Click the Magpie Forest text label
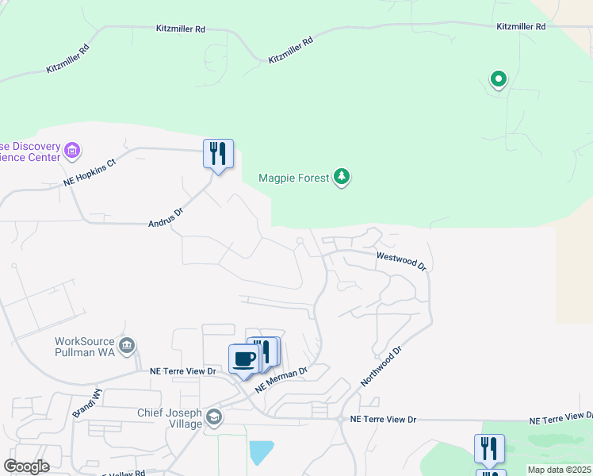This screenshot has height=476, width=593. pyautogui.click(x=293, y=178)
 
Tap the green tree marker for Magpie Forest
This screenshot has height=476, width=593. pyautogui.click(x=342, y=176)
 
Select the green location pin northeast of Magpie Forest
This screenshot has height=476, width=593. pyautogui.click(x=498, y=79)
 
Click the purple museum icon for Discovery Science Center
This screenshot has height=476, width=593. pyautogui.click(x=73, y=150)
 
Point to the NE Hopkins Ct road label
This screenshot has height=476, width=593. pyautogui.click(x=90, y=174)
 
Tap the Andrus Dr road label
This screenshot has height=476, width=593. pyautogui.click(x=166, y=213)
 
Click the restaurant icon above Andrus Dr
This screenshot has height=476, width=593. pyautogui.click(x=218, y=152)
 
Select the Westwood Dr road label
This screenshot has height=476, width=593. pyautogui.click(x=402, y=261)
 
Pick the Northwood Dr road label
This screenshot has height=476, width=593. pyautogui.click(x=381, y=365)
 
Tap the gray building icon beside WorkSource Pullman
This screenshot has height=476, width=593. pyautogui.click(x=127, y=346)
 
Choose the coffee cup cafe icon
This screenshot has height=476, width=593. pyautogui.click(x=243, y=359)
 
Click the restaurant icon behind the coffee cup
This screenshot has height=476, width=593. pyautogui.click(x=267, y=351)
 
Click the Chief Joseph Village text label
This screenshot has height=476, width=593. pyautogui.click(x=170, y=418)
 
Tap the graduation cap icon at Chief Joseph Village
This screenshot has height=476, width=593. pyautogui.click(x=213, y=416)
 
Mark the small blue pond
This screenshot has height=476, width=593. pyautogui.click(x=262, y=452)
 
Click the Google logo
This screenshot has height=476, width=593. pyautogui.click(x=26, y=466)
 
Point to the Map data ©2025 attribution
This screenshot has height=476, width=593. pyautogui.click(x=560, y=470)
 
